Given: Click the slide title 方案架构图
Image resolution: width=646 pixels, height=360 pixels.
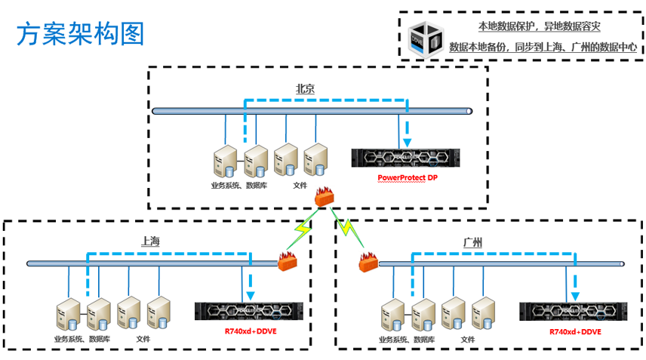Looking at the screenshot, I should pos(80,34).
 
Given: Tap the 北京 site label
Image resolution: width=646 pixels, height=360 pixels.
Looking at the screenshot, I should pos(305,89).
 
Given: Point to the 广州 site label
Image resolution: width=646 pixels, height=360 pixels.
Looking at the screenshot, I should pos(472,242).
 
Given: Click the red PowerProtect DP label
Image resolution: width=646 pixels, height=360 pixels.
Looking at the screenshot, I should pos(408,178).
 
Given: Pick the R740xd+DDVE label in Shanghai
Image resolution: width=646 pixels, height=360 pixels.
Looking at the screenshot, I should pos(250,331).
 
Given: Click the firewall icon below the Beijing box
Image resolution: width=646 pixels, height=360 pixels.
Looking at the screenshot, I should pos(325,197).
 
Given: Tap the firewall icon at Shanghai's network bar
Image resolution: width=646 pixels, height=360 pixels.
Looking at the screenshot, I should pos(288,262).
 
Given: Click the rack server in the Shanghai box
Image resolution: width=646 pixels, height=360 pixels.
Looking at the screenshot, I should pos(248,310).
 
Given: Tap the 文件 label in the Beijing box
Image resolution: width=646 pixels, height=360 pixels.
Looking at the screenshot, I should pos(300,183).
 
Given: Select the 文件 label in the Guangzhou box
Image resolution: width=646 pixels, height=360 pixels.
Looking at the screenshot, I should pos(469,340).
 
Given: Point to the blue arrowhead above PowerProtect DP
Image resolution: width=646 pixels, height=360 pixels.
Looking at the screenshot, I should pos(408,142).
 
